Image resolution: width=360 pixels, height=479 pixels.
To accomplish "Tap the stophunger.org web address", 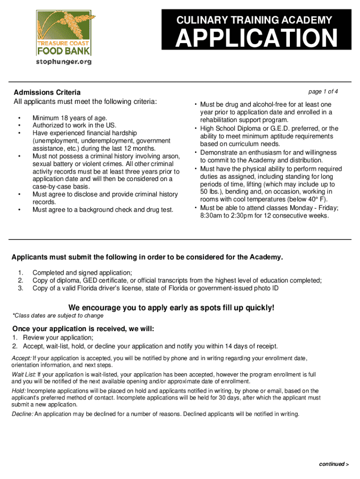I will point(64,61).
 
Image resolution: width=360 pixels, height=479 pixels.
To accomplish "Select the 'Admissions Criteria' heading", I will point(47,92).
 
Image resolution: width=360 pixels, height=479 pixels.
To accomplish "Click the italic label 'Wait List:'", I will point(24,375).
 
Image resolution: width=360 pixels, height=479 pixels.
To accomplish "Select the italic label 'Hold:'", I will point(19,391).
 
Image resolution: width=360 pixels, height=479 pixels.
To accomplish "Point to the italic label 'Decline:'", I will point(22,414).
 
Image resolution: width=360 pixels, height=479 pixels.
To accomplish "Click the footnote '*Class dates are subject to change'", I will point(58,316).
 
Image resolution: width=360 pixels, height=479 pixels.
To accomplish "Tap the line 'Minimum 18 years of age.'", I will point(70,118).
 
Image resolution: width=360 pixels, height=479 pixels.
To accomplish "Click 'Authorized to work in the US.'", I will point(74,125).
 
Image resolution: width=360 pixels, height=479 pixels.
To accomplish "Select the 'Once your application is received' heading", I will point(83,329).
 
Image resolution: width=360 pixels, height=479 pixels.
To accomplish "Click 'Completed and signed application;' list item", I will point(82,273).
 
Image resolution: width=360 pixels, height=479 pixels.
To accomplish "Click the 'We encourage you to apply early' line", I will point(172,307).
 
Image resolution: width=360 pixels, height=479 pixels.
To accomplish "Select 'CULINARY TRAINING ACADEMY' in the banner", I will point(254,20).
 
